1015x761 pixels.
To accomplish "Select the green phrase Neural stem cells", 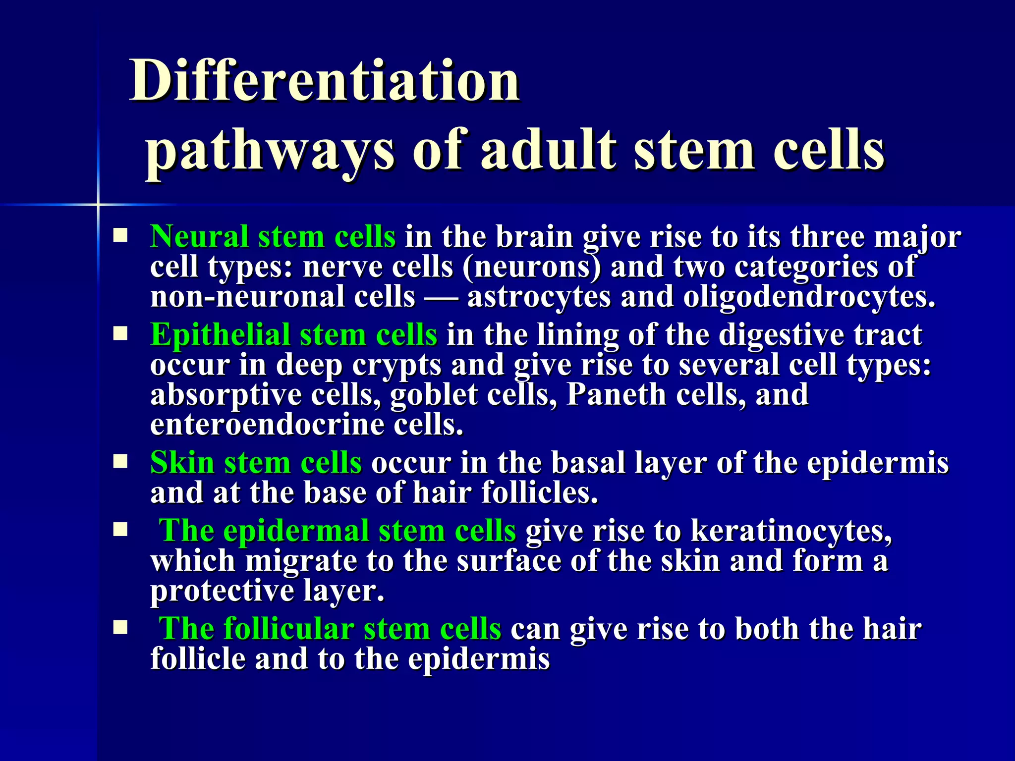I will click(273, 236).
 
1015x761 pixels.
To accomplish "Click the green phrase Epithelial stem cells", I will click(293, 334).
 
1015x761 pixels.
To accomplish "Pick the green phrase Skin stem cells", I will click(256, 463).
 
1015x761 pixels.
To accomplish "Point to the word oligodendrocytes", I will click(809, 297).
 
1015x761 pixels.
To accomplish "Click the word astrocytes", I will click(538, 297).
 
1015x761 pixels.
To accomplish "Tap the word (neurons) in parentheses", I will click(531, 268).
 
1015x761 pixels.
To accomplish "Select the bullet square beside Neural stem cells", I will click(120, 235).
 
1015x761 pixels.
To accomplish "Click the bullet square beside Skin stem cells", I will click(120, 462).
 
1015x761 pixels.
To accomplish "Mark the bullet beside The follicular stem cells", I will click(120, 628).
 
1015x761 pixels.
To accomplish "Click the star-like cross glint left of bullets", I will click(98, 204).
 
